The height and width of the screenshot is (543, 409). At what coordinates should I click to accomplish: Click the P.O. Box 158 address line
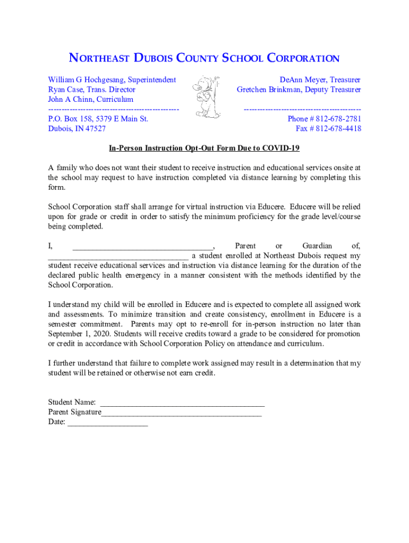(x=98, y=119)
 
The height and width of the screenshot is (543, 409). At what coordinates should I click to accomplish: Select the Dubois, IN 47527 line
(x=76, y=129)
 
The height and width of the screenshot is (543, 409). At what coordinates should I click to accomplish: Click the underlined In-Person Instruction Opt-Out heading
(x=204, y=148)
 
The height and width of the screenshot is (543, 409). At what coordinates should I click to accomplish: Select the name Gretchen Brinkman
(x=271, y=90)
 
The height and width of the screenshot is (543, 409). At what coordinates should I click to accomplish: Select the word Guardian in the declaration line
(x=317, y=246)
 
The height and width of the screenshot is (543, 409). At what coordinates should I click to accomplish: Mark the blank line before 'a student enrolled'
(x=117, y=256)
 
